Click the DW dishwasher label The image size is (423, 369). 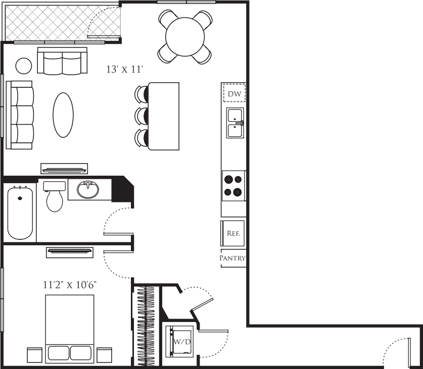coord(234,94)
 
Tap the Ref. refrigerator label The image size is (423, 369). coord(233,233)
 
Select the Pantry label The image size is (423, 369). coord(232,258)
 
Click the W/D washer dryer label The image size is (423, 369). coord(182,342)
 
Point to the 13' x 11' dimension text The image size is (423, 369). coord(124,69)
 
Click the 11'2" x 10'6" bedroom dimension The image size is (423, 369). coord(70,285)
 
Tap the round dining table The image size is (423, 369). coord(185,37)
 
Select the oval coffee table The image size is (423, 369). coord(63,115)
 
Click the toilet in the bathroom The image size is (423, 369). coord(55,196)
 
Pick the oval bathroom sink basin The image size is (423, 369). coord(87,190)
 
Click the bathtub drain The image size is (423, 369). coord(20,198)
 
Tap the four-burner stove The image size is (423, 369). coord(233,186)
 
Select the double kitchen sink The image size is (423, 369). coord(235,123)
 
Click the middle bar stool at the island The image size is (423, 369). coord(142,116)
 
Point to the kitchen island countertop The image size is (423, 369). coord(163,116)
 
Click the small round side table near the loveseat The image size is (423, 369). coord(24,66)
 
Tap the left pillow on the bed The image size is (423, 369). coord(59,353)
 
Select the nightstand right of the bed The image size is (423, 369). coord(105,355)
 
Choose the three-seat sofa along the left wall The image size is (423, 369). coord(19,115)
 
